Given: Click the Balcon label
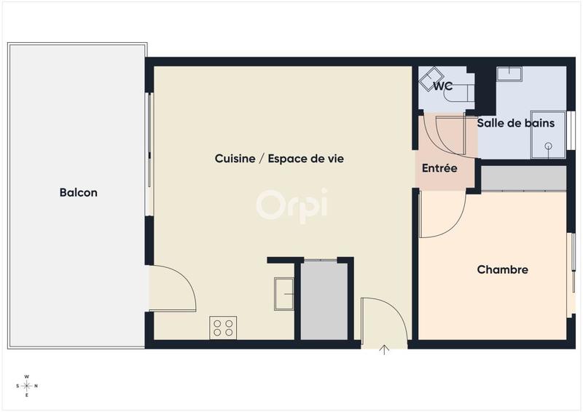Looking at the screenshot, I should pos(78,193).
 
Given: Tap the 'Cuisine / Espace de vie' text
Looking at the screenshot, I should pos(279,158).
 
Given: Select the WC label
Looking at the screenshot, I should pos(443,86).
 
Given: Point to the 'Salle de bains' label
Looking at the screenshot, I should pos(515,123).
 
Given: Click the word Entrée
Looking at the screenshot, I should pos(439,168).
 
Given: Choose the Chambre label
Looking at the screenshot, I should pos(502,269).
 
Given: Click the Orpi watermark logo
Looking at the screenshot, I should pos(291,203).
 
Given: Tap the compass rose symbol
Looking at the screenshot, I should pos(27,386).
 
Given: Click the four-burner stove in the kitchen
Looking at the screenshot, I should pos(223,328).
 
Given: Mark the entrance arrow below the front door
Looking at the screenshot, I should pos(385,350).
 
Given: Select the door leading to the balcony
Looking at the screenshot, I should pos(171,288).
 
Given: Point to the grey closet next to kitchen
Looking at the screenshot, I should pos(324,301).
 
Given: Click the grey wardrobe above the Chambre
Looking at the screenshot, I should pos(523,178).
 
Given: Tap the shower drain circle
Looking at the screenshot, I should pos(549,146).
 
